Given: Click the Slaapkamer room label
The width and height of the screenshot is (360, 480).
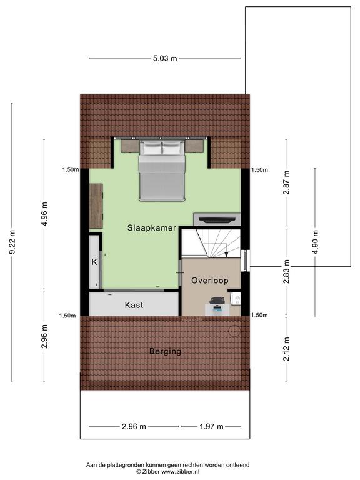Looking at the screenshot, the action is click(152, 228).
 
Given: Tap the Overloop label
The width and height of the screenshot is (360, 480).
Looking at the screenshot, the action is click(210, 281).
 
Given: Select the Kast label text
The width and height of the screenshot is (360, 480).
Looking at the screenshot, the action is click(134, 305).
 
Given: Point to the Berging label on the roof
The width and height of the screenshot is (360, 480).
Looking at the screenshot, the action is click(165, 351).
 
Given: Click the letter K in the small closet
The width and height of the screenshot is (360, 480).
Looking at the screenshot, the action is click(94, 262).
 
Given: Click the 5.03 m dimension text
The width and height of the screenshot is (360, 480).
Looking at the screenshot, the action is click(165, 58).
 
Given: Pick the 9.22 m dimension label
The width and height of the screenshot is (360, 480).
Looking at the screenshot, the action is click(12, 242).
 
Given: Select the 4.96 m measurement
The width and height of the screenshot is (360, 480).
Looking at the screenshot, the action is click(44, 214).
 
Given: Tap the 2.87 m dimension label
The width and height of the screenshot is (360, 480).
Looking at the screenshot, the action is click(286, 182).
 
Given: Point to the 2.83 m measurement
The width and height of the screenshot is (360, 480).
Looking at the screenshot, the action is click(286, 271).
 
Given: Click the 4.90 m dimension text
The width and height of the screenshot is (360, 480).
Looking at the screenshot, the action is click(315, 242).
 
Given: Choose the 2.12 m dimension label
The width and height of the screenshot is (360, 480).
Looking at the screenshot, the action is click(286, 349).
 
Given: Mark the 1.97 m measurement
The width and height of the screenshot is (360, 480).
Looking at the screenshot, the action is click(211, 426).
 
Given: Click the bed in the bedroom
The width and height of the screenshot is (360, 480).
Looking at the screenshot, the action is click(162, 171).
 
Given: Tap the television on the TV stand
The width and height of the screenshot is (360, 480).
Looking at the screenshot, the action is click(217, 219).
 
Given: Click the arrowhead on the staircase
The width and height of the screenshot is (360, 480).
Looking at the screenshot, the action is click(226, 254).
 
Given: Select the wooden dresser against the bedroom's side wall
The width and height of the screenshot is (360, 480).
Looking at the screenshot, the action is click(96, 206).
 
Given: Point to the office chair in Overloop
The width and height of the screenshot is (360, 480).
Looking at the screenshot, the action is click(217, 301).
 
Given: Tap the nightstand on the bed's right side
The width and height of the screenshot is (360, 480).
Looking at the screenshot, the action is click(195, 146).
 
